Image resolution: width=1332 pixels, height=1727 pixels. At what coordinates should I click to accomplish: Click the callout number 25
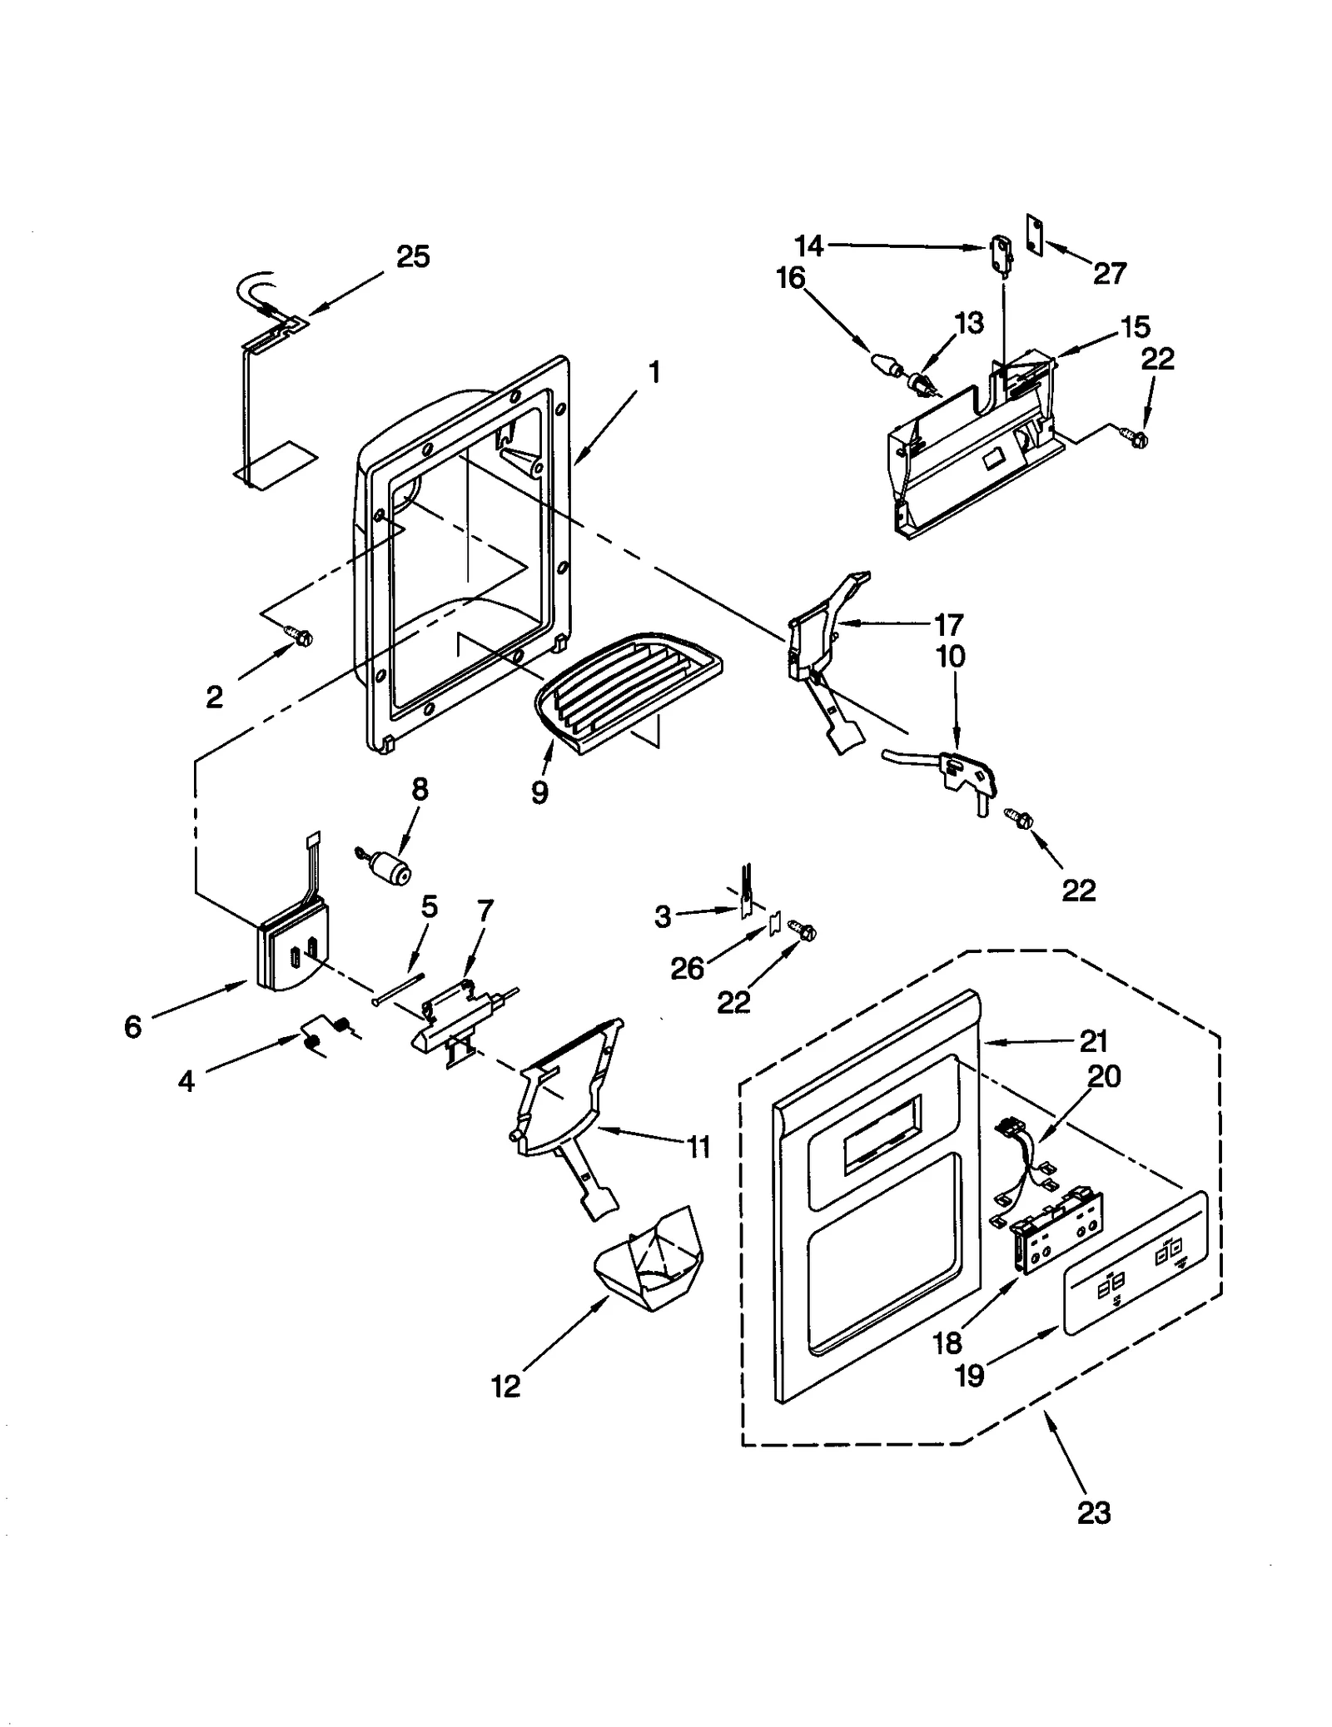[x=412, y=257]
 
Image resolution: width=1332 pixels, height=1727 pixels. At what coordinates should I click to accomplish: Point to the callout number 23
[x=1093, y=1511]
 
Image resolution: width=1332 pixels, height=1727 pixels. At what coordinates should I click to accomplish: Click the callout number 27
[x=1110, y=273]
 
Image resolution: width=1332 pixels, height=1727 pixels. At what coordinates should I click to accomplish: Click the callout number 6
[x=133, y=1027]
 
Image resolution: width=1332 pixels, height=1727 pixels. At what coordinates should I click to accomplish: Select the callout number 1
[x=655, y=372]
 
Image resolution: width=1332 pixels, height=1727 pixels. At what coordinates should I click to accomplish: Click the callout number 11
[x=698, y=1147]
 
